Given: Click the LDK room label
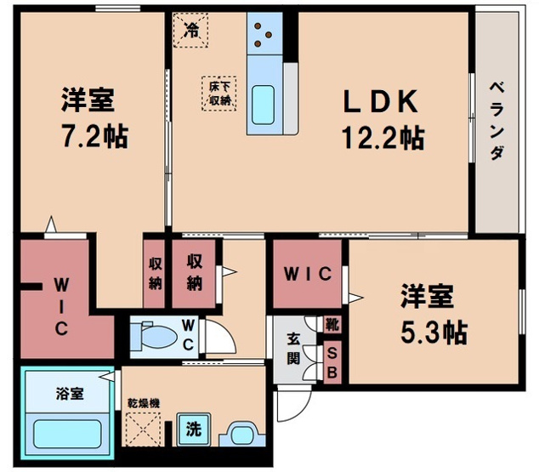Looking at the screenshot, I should click(380, 102).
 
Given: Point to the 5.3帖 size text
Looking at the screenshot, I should click(433, 331).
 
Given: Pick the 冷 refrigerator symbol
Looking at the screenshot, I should click(191, 31).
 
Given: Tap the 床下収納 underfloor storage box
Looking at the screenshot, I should click(218, 92).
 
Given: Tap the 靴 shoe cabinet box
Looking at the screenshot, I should click(332, 324).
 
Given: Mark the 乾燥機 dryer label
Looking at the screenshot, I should click(141, 400).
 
